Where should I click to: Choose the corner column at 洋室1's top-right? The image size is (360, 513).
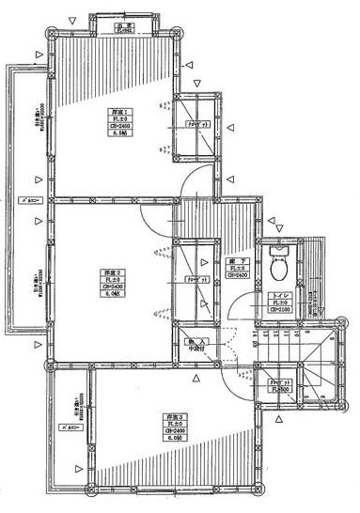point(174,30)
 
